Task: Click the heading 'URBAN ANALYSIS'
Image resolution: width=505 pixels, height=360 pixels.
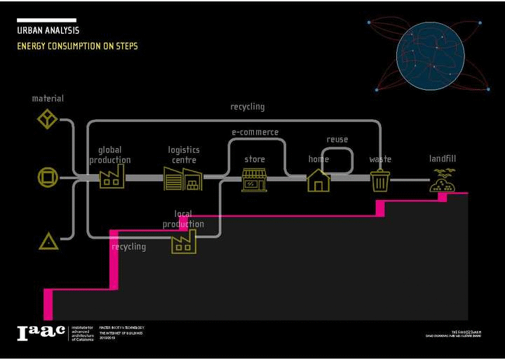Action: tap(48, 31)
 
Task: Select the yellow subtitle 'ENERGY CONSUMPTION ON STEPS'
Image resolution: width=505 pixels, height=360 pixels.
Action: tap(77, 46)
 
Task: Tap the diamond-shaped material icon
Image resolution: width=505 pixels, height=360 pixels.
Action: tap(47, 119)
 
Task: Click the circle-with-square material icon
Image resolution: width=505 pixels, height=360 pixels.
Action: tap(48, 178)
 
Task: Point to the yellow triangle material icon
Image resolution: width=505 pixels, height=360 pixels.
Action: tap(48, 242)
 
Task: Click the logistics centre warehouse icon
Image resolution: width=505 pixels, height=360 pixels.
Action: tap(183, 179)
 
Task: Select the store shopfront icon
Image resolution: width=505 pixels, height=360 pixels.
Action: tap(254, 180)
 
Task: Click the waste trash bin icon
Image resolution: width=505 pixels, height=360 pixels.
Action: tap(380, 180)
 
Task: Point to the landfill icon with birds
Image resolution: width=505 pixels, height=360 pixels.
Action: tap(443, 181)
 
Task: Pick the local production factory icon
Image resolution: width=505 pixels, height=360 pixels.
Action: tap(184, 241)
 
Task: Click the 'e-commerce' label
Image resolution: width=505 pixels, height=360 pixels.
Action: tap(255, 132)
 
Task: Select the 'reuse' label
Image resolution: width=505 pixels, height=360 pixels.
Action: tap(337, 140)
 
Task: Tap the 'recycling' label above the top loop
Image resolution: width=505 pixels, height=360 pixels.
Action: tap(248, 107)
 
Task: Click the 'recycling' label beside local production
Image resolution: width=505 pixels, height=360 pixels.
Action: tap(129, 247)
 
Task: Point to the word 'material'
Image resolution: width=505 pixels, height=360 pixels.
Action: tap(48, 98)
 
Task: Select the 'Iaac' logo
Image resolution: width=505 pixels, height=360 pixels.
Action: tap(41, 333)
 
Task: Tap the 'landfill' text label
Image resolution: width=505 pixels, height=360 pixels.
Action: tap(443, 159)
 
